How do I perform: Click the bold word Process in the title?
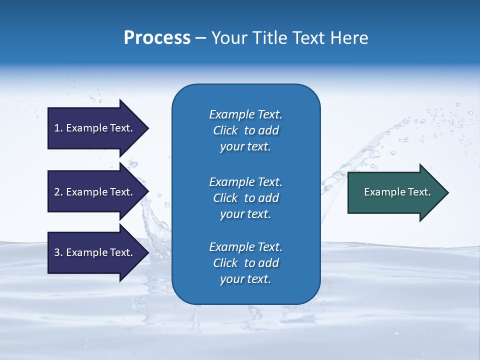[157, 38]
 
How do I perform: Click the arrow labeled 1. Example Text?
[95, 128]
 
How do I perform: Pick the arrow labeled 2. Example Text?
[95, 192]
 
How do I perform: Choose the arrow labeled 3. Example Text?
[95, 252]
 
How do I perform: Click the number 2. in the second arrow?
[58, 192]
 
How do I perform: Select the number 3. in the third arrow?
[58, 252]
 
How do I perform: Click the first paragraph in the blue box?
[245, 130]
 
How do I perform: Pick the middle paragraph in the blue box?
[245, 198]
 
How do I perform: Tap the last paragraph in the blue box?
[245, 263]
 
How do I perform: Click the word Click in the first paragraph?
[225, 130]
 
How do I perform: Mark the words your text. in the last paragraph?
[245, 279]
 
